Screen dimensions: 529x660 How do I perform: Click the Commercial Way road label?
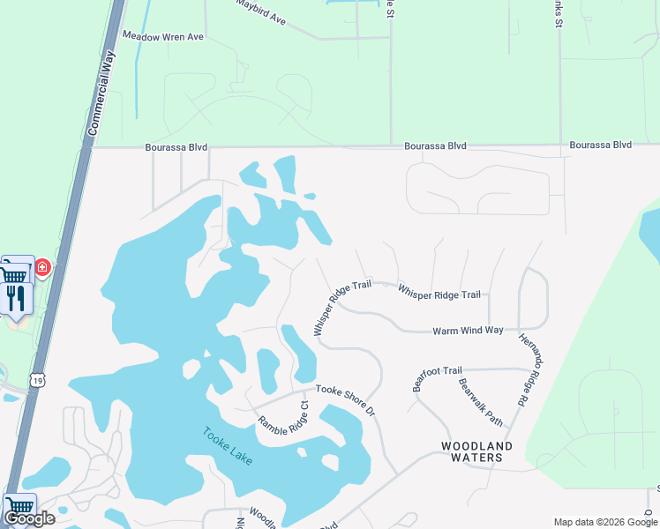[x=104, y=92]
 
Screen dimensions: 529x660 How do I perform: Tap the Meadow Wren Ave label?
[x=163, y=36]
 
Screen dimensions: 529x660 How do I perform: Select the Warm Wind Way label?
[x=468, y=331]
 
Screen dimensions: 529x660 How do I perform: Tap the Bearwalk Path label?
[x=480, y=402]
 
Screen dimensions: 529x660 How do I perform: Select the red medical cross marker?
[x=41, y=266]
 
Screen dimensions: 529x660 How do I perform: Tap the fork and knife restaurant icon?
[x=16, y=298]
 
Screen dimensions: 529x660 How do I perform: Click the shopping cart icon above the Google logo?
[x=19, y=506]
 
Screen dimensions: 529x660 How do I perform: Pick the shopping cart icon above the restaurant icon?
[x=14, y=272]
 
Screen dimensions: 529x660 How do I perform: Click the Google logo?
[x=29, y=518]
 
